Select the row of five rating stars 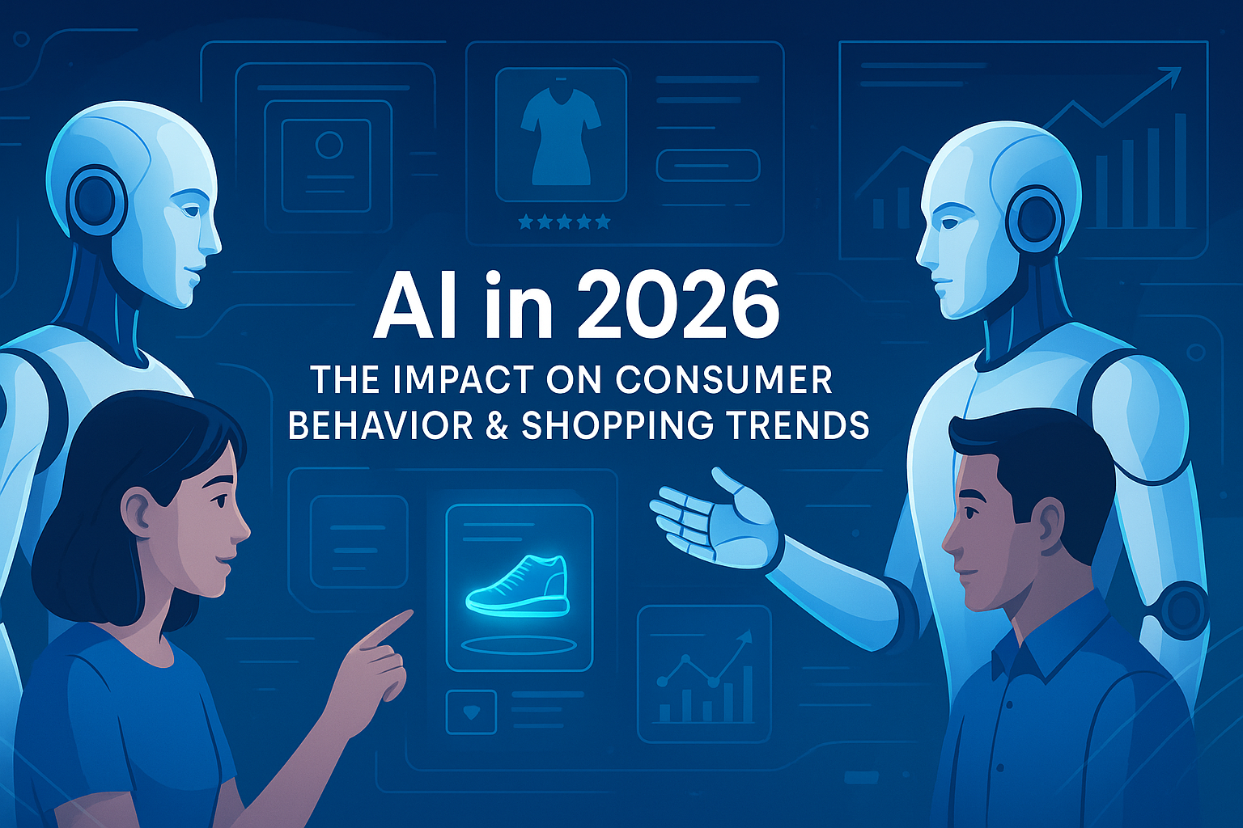pos(564,223)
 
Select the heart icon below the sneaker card pos(471,712)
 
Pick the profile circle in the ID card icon pos(329,145)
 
